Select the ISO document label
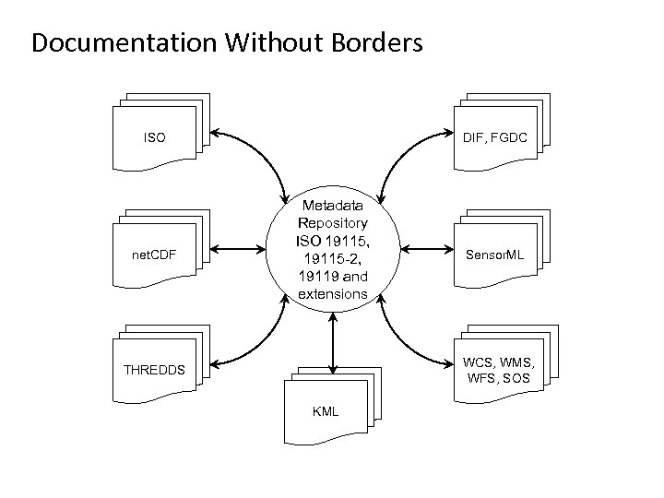tap(155, 138)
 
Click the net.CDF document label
tap(153, 254)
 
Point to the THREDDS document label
tap(154, 371)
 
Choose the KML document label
tap(326, 410)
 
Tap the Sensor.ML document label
tap(494, 254)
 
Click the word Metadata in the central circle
tap(332, 206)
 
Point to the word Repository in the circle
tap(332, 222)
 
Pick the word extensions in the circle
tap(332, 294)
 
